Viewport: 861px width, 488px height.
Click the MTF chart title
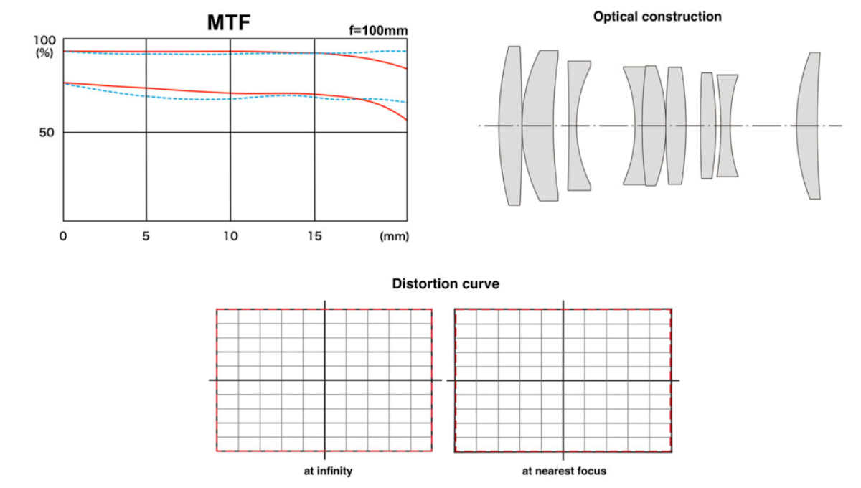click(x=230, y=22)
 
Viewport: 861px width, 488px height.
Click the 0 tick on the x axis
click(x=63, y=235)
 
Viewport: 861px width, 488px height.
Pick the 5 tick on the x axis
click(x=146, y=235)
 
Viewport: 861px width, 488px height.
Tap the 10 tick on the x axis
click(x=230, y=235)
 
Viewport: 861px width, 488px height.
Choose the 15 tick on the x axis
click(x=314, y=235)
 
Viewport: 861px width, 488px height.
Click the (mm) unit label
click(x=394, y=236)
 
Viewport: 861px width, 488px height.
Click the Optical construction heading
click(x=657, y=17)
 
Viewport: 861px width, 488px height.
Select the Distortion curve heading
click(x=446, y=284)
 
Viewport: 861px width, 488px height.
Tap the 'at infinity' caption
click(x=327, y=471)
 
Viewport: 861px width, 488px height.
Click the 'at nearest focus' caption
click(x=564, y=471)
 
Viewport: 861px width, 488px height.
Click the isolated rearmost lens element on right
click(x=810, y=126)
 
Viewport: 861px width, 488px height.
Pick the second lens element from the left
click(x=541, y=126)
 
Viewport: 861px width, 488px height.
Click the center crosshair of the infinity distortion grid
click(x=325, y=380)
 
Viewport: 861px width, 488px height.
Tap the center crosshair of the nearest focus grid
click(x=563, y=380)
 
